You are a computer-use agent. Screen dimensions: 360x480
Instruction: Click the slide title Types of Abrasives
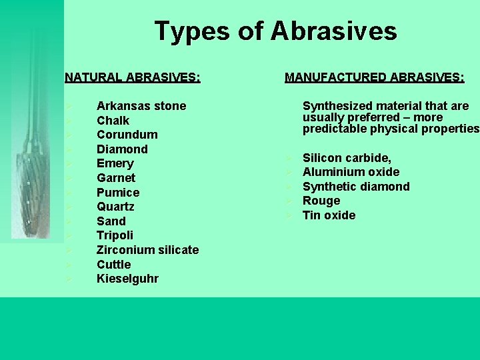(275, 31)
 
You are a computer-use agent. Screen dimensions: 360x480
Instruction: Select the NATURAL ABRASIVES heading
(132, 77)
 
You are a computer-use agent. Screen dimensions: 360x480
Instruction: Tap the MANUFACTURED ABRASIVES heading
(375, 77)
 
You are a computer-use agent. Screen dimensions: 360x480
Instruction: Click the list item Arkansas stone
(141, 106)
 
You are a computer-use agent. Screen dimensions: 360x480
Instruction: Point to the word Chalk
(113, 121)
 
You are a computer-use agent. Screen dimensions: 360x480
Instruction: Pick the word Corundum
(127, 135)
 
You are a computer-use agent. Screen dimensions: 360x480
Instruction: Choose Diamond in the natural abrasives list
(122, 149)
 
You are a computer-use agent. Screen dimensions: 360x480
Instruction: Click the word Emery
(115, 163)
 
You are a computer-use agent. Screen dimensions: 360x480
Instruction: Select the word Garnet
(116, 178)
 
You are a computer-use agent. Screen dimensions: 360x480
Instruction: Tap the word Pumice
(118, 193)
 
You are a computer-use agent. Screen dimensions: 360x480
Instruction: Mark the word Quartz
(116, 207)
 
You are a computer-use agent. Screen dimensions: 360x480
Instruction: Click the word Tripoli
(115, 235)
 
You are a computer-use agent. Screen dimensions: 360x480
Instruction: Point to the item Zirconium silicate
(147, 250)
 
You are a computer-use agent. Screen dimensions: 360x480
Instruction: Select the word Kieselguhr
(128, 279)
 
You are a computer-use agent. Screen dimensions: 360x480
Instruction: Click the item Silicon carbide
(347, 158)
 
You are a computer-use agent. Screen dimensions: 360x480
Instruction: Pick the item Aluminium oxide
(351, 172)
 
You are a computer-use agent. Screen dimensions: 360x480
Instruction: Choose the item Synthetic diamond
(356, 187)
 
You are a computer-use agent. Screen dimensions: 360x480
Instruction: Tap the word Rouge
(321, 201)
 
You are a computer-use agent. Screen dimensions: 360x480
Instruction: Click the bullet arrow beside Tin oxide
(288, 215)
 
